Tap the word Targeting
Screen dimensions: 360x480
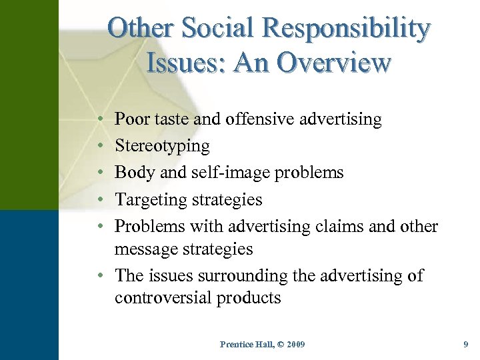click(151, 200)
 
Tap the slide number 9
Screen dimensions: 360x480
click(465, 344)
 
